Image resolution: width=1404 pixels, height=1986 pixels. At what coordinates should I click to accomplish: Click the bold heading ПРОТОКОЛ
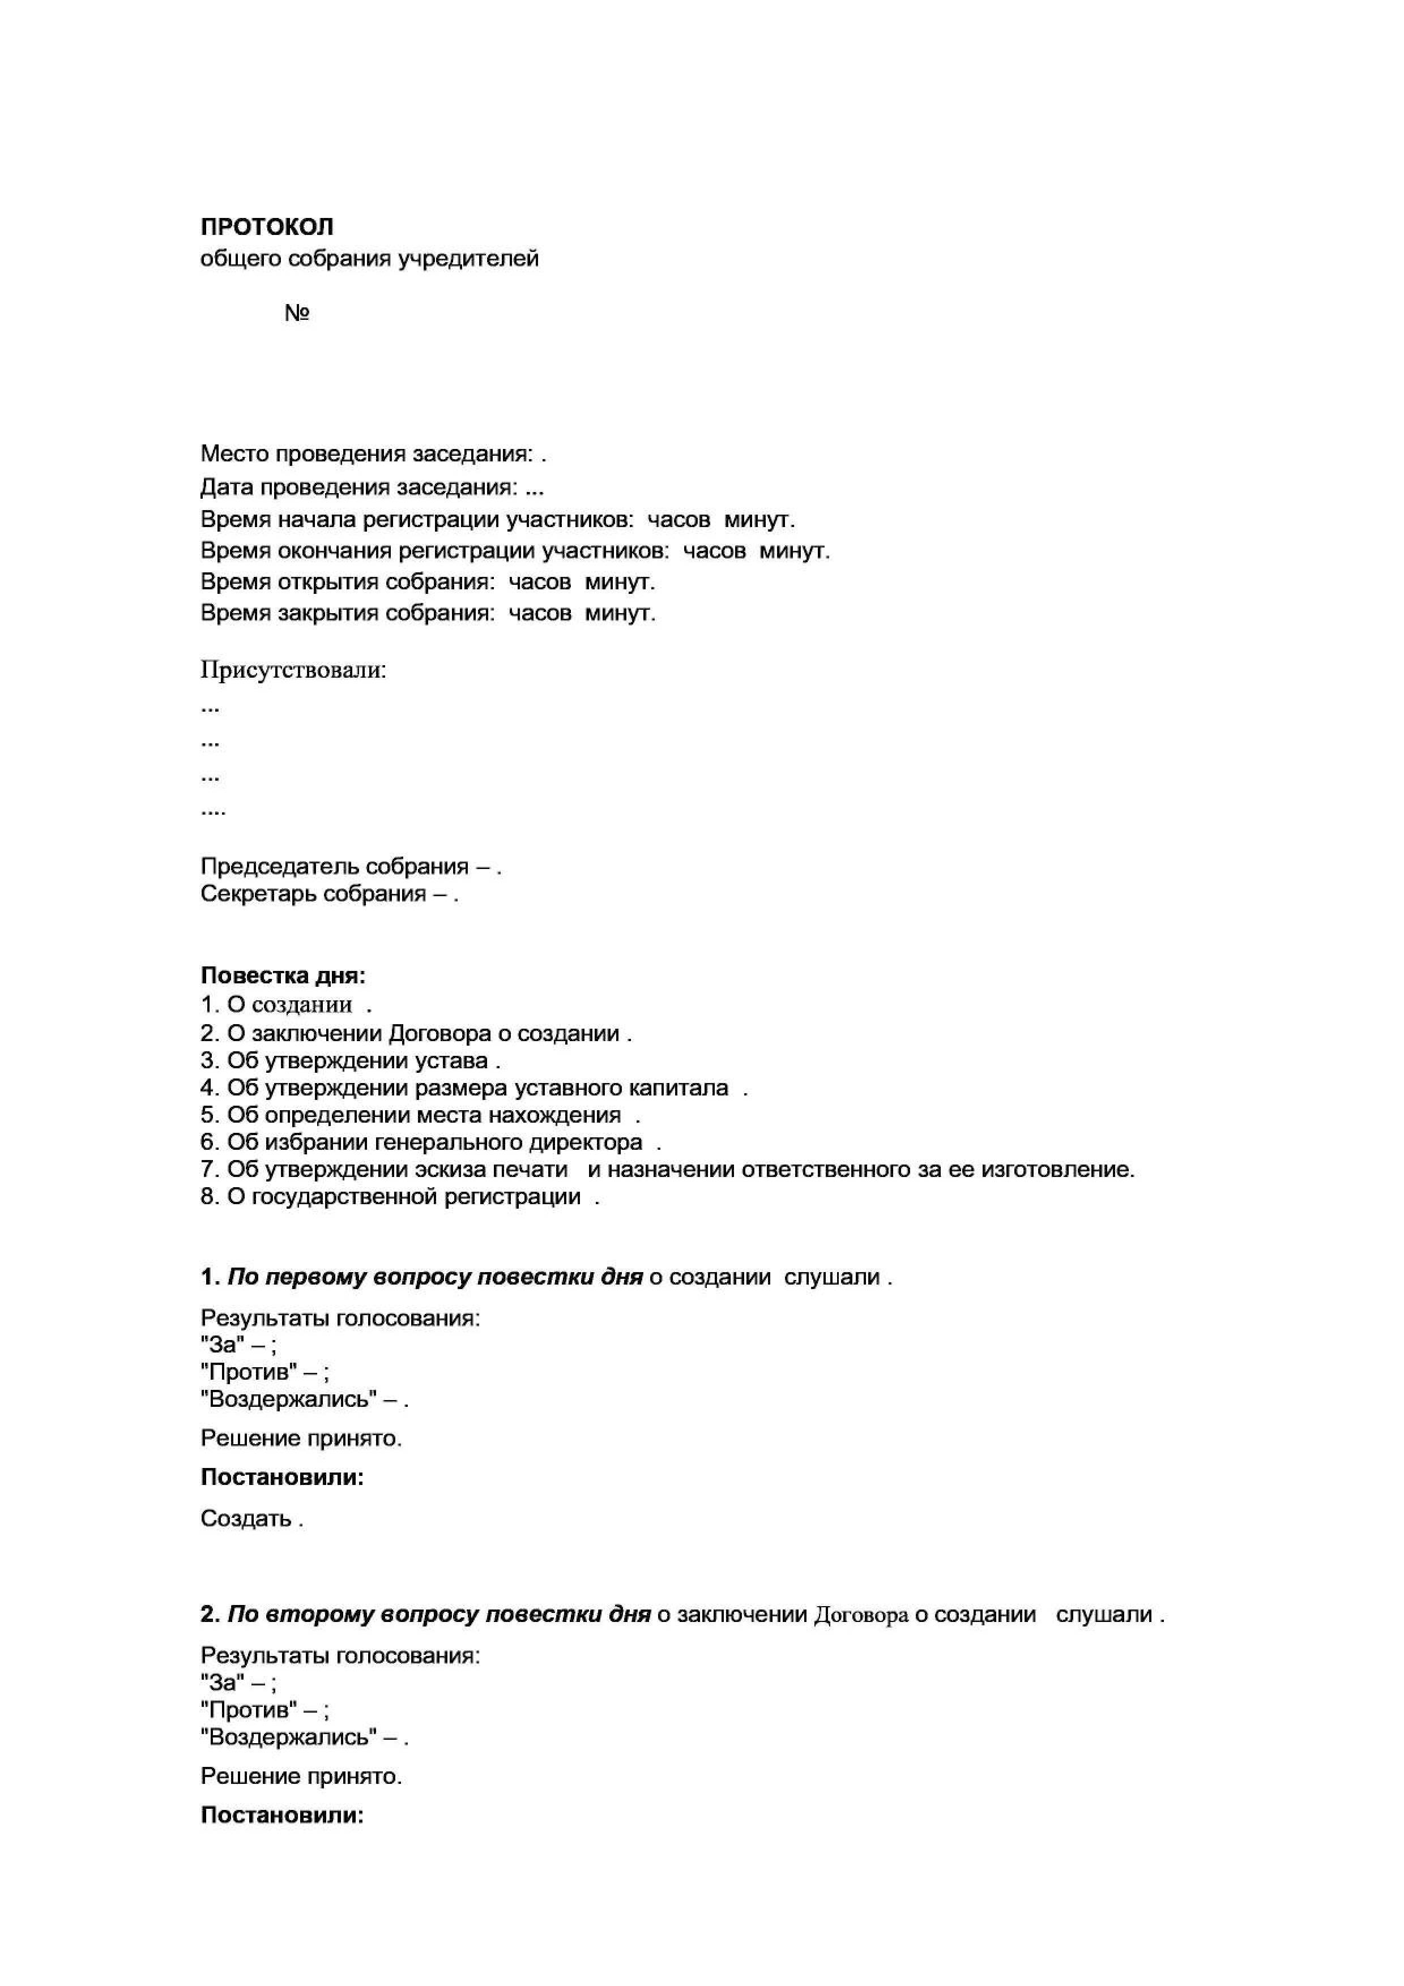pyautogui.click(x=266, y=226)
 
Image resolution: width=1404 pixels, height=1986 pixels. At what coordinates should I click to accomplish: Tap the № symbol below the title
pyautogui.click(x=297, y=313)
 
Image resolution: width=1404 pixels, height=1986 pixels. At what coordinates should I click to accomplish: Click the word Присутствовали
pyautogui.click(x=293, y=670)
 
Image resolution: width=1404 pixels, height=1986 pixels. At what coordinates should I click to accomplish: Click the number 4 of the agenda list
pyautogui.click(x=207, y=1088)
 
